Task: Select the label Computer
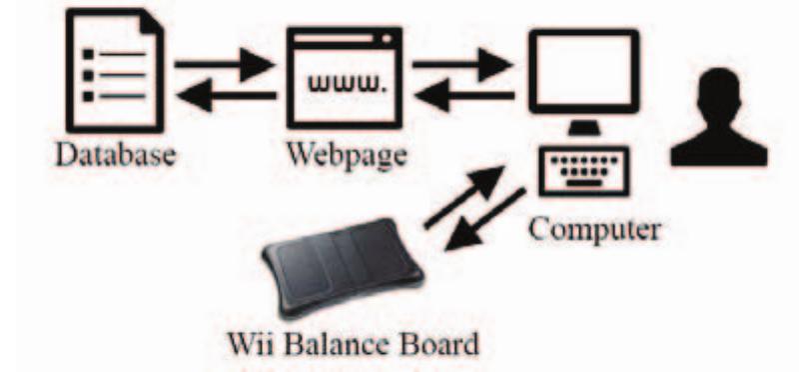point(594,231)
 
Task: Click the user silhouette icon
point(718,120)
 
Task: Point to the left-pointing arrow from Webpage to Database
point(224,96)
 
